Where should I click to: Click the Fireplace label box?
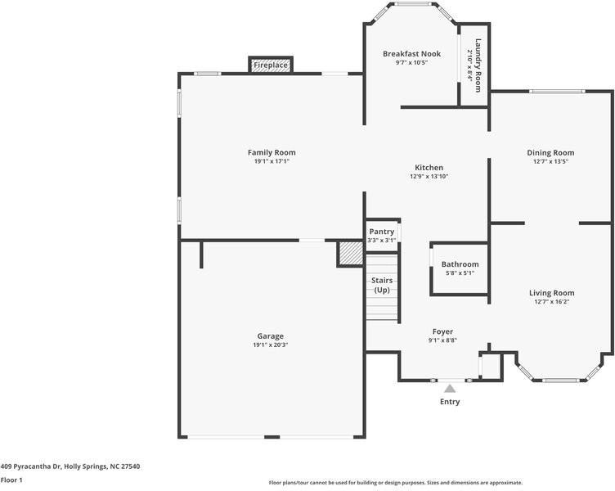271,65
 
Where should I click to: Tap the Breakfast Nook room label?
411,54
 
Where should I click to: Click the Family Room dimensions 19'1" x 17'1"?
272,162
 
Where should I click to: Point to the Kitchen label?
429,167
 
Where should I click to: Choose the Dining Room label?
550,152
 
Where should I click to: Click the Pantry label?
381,232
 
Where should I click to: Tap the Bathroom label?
460,264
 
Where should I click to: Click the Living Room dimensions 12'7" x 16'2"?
550,302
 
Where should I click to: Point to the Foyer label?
442,331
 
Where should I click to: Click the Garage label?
270,336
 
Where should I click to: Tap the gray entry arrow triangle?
450,389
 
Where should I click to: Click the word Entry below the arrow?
450,402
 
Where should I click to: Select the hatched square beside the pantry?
350,254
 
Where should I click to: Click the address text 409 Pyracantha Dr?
70,466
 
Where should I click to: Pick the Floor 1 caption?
11,480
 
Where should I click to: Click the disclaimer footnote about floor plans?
395,483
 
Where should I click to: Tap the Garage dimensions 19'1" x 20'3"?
270,345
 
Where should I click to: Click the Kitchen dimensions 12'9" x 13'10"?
429,177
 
